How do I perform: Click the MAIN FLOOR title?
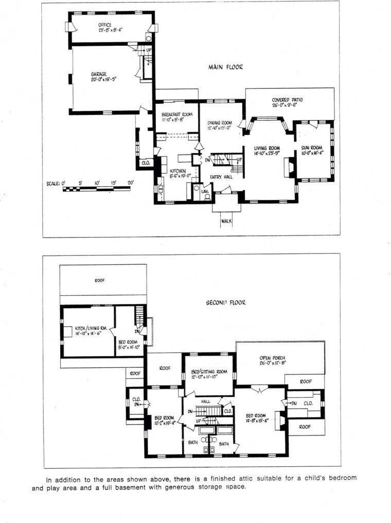pyautogui.click(x=225, y=67)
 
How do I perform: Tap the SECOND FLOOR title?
pyautogui.click(x=225, y=302)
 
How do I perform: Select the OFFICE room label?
pyautogui.click(x=105, y=25)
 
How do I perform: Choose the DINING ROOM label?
pyautogui.click(x=220, y=123)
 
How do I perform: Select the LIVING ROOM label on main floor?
pyautogui.click(x=266, y=148)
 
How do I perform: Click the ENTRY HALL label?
pyautogui.click(x=221, y=177)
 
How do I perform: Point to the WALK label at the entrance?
pyautogui.click(x=226, y=221)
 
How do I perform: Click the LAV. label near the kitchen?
pyautogui.click(x=205, y=191)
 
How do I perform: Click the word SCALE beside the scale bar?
pyautogui.click(x=52, y=183)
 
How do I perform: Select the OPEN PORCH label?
pyautogui.click(x=272, y=358)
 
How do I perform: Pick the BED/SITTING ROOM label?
pyautogui.click(x=209, y=372)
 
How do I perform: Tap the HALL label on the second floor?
pyautogui.click(x=205, y=401)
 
